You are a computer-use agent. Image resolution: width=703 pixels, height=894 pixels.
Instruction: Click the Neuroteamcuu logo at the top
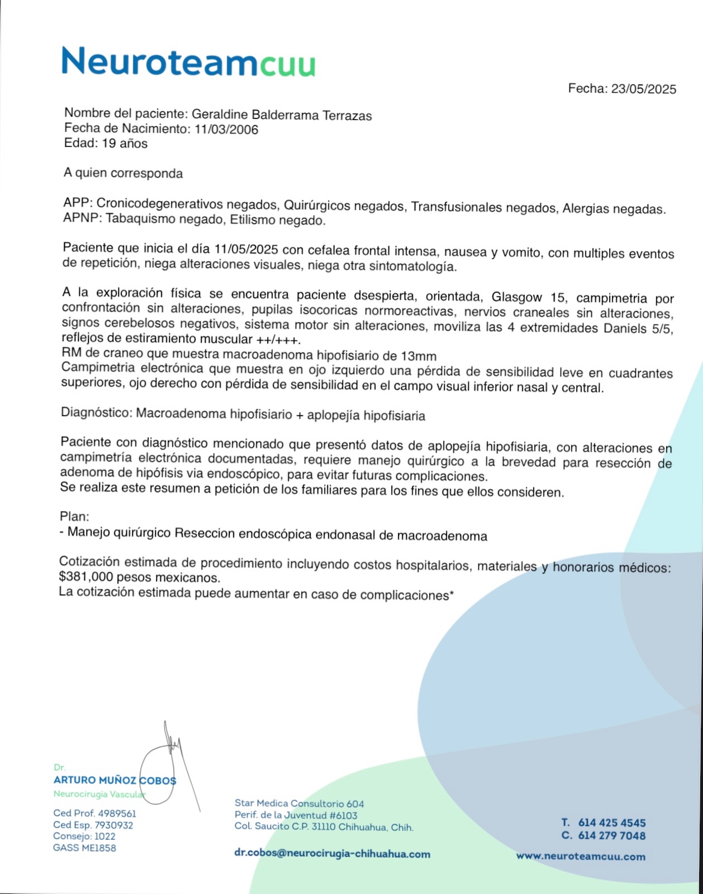coord(188,61)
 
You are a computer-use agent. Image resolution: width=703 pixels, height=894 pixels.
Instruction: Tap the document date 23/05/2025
coord(643,89)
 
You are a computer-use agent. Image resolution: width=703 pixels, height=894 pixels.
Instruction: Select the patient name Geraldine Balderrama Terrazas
coord(282,115)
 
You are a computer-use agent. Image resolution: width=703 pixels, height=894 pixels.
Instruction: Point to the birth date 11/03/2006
coord(226,130)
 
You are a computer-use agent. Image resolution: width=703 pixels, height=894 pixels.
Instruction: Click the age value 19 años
coord(124,144)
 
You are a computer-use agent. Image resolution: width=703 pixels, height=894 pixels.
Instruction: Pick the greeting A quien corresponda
coord(123,173)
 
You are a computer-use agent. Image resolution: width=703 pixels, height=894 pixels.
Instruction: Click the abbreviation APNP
coord(80,218)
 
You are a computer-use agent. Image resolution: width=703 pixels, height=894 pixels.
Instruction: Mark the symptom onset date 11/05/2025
coord(246,249)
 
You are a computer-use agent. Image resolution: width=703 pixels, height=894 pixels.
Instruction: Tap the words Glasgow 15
coord(528,297)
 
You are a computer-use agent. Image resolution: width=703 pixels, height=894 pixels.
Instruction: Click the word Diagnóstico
coord(96,413)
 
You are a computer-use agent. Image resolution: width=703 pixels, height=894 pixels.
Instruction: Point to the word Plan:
coord(74,517)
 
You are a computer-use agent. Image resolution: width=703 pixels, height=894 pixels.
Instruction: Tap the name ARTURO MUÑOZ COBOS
coord(115,780)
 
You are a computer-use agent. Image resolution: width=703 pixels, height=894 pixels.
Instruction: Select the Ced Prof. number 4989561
coord(117,814)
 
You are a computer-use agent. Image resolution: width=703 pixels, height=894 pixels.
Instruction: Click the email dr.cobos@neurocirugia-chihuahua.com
coord(332,854)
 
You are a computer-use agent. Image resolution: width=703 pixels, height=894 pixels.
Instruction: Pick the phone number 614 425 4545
coord(611,823)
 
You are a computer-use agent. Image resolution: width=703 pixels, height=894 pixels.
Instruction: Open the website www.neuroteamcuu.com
coord(581,857)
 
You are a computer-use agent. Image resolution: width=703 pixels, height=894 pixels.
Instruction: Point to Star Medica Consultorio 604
coord(299,804)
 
